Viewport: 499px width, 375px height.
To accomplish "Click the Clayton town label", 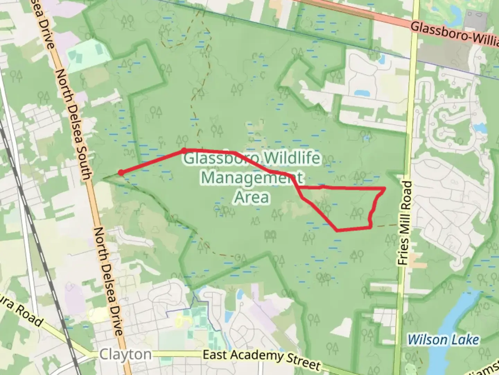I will pos(125,355).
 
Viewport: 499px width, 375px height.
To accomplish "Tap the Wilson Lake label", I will pos(443,339).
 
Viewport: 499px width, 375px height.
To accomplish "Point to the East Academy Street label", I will pos(261,359).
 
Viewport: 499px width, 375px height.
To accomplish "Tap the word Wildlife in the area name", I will pos(291,159).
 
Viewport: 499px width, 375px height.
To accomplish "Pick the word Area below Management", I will pos(252,197).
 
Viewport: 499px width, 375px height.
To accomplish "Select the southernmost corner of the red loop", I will pos(337,230).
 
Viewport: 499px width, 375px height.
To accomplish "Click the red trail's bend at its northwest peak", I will pos(184,150).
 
